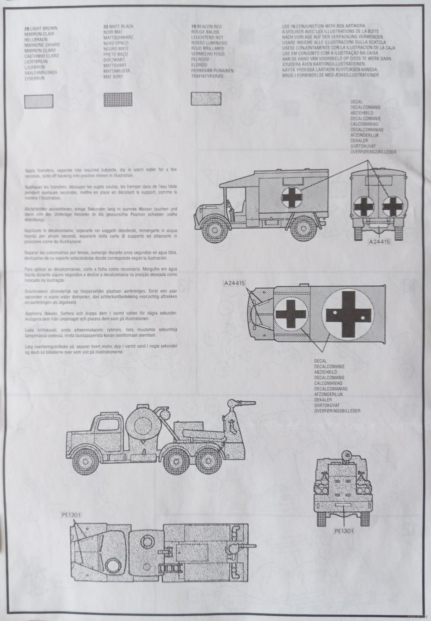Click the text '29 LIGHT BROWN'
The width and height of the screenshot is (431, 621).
[41, 28]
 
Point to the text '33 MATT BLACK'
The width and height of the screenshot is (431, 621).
[118, 27]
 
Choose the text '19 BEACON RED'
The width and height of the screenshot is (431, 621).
[206, 27]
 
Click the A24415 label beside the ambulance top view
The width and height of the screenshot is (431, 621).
[234, 283]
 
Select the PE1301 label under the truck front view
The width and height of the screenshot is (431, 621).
[343, 531]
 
